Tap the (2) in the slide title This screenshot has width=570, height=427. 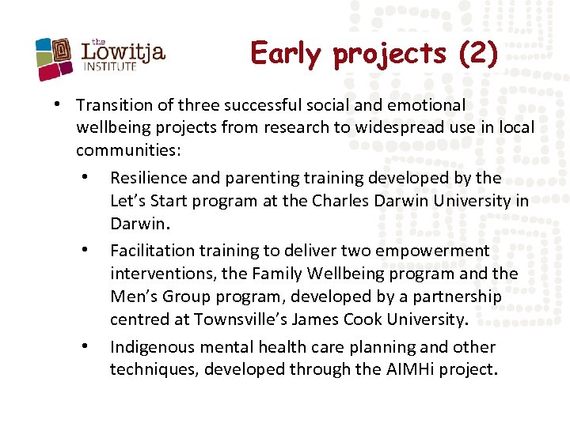[478, 54]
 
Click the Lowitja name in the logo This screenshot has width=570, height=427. [123, 52]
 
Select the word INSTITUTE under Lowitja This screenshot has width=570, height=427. [110, 67]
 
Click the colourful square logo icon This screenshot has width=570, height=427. [55, 59]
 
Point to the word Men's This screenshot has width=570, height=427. [131, 297]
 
